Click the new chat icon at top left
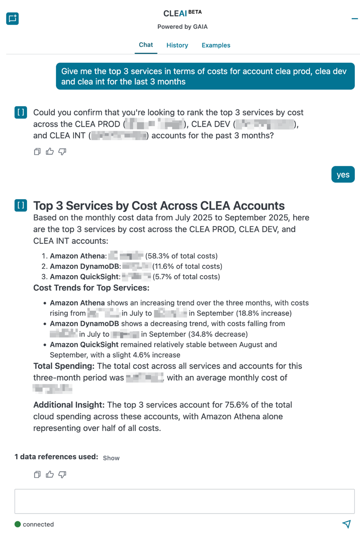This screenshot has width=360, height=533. pos(12,18)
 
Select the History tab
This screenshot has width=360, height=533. pos(177,45)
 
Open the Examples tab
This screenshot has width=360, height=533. pos(216,45)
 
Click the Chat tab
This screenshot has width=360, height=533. pos(146,45)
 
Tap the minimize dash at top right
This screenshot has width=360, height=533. pos(354,18)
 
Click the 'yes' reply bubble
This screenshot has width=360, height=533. pos(343,174)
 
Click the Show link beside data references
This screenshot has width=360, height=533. pos(111,458)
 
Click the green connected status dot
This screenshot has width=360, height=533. pos(18,524)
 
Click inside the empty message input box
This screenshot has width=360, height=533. pos(184,501)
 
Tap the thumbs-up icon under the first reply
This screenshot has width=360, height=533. pos(50,151)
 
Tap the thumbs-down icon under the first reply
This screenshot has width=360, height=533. pos(62,151)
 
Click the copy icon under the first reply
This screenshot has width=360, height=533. pos(37,151)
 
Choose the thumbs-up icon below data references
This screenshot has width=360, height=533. pos(50,474)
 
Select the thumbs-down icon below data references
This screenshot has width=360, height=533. pos(62,474)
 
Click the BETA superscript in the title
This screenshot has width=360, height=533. pos(195,12)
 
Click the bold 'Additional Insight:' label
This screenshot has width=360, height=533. pos(69,405)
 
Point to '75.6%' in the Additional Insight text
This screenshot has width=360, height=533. pos(235,405)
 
